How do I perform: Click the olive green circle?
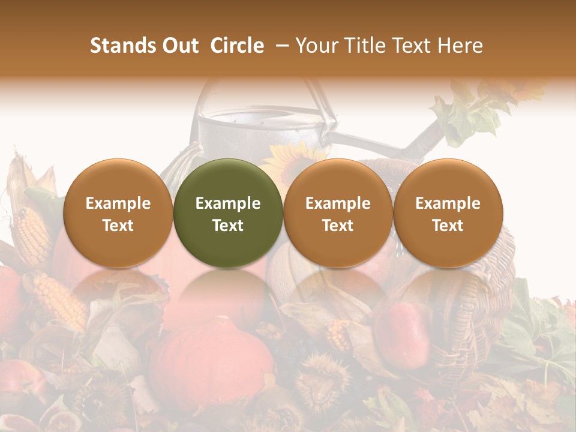[228, 213]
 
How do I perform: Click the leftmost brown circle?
[118, 213]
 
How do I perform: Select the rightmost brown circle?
[448, 213]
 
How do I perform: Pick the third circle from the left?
[338, 213]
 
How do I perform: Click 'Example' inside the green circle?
[228, 203]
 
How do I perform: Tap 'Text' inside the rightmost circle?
[448, 226]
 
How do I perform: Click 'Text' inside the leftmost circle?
[118, 226]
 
